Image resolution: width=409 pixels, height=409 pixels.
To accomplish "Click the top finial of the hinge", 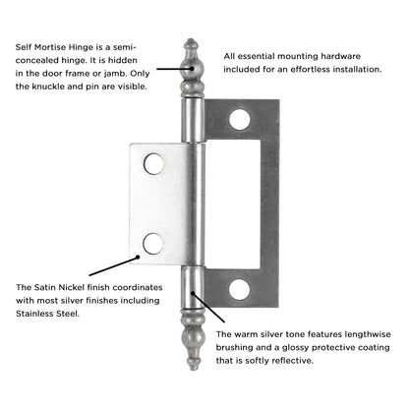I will (x=191, y=61).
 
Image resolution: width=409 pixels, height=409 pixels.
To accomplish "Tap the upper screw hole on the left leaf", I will (x=152, y=163).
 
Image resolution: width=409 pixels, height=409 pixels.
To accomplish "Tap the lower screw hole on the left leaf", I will (x=151, y=242).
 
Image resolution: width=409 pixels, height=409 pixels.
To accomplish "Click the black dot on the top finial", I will (x=192, y=70).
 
